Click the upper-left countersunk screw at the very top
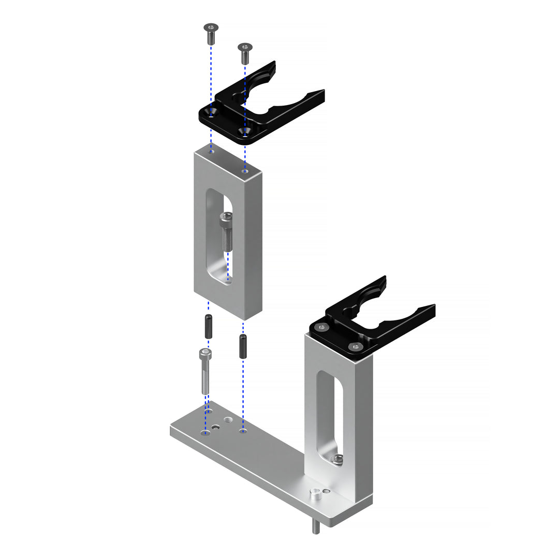click(x=211, y=33)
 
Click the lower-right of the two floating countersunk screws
click(x=245, y=53)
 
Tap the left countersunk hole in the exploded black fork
click(x=211, y=113)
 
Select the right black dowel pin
click(x=242, y=346)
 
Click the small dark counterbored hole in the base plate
click(x=216, y=428)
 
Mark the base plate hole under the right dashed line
click(x=242, y=430)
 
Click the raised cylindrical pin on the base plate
click(x=315, y=495)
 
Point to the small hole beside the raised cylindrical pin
click(x=326, y=491)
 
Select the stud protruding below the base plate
click(x=315, y=527)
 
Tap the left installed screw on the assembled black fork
click(x=322, y=327)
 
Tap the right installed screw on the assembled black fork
click(x=355, y=346)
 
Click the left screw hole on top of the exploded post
click(x=211, y=152)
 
